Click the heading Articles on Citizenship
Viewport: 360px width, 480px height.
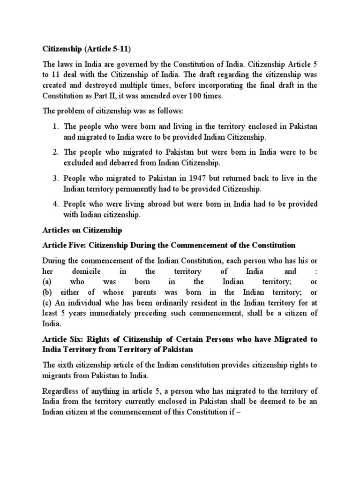[82, 230]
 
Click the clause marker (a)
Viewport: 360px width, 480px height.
[47, 282]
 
